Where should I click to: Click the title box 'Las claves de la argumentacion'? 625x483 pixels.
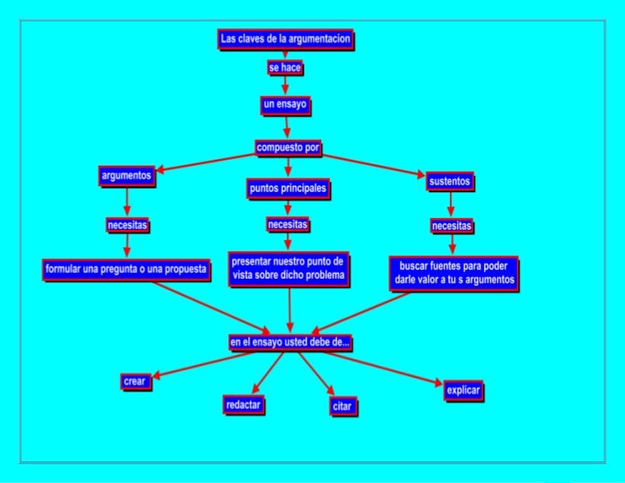[x=285, y=39]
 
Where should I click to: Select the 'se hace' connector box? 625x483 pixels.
[x=285, y=68]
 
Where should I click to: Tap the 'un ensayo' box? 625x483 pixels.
[x=285, y=106]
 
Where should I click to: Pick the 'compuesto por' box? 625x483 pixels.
[x=288, y=148]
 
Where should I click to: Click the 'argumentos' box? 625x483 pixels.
[x=127, y=176]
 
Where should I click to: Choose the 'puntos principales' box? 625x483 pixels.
[x=288, y=189]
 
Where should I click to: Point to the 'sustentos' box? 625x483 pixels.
[x=450, y=182]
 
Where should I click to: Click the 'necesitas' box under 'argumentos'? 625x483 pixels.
[x=128, y=226]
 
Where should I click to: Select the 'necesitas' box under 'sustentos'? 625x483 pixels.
[x=452, y=226]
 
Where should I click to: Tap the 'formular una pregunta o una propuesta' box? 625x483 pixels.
[x=126, y=270]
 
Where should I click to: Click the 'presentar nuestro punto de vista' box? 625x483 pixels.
[x=289, y=269]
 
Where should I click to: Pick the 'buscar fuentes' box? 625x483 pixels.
[x=454, y=274]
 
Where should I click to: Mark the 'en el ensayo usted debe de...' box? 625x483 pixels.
[x=290, y=342]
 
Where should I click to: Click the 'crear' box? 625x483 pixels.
[x=136, y=382]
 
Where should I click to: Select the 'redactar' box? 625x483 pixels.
[x=244, y=405]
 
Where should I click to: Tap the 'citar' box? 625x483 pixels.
[x=343, y=407]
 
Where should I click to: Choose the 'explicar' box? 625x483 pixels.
[x=464, y=390]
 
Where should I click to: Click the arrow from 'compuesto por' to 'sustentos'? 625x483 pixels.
[x=373, y=166]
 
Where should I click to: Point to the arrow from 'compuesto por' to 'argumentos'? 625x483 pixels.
[x=206, y=163]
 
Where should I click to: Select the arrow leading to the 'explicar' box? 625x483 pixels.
[x=384, y=369]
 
